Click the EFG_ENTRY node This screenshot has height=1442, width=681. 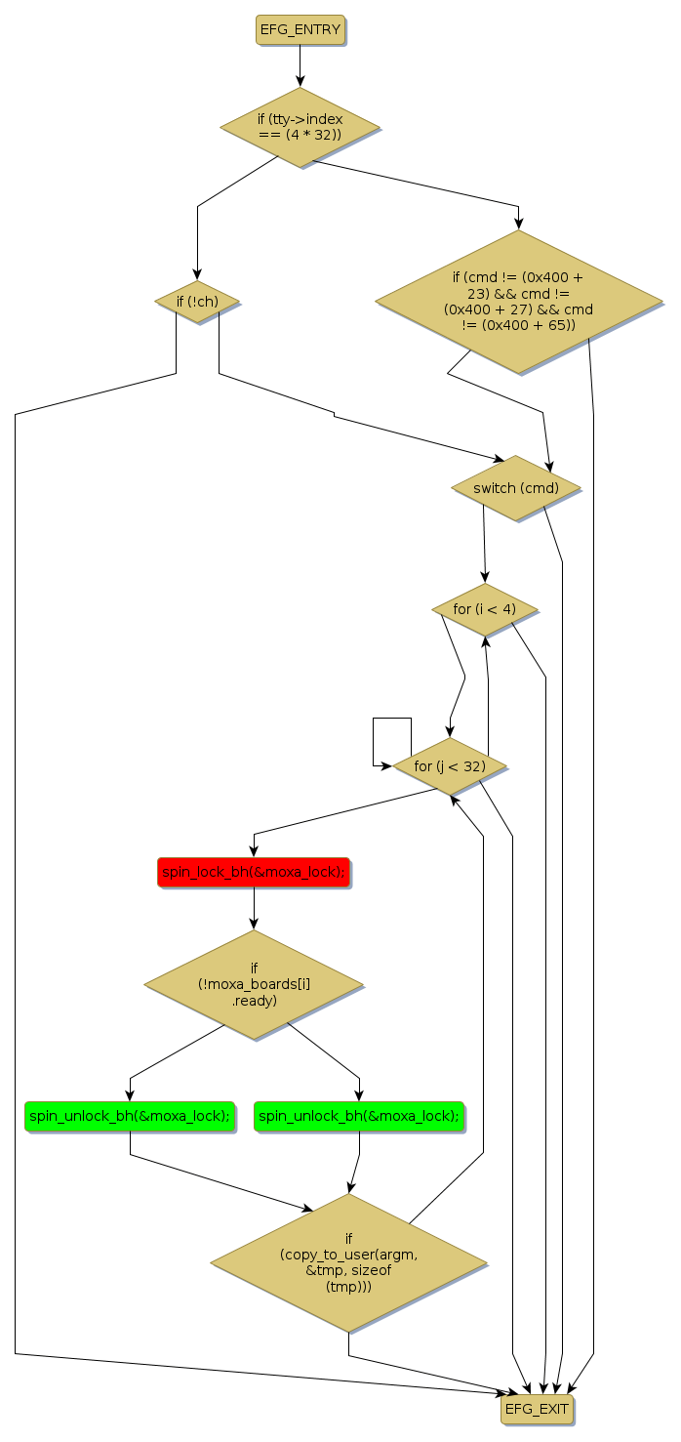(300, 30)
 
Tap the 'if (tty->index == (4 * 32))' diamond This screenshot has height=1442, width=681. (300, 126)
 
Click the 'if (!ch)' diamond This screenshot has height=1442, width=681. (196, 302)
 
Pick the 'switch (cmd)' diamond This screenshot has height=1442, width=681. (515, 488)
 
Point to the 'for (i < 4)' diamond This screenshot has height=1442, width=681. (485, 609)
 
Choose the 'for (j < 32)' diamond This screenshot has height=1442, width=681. (449, 765)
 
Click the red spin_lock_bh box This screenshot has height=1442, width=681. (254, 873)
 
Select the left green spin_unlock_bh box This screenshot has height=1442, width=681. (130, 1116)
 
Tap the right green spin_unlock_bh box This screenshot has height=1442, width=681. (359, 1116)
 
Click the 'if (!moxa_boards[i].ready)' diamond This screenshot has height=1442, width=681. (254, 984)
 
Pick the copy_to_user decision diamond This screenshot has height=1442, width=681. (348, 1262)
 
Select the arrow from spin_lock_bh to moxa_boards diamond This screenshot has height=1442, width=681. (254, 908)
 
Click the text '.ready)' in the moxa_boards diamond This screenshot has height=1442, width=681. (254, 1001)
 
